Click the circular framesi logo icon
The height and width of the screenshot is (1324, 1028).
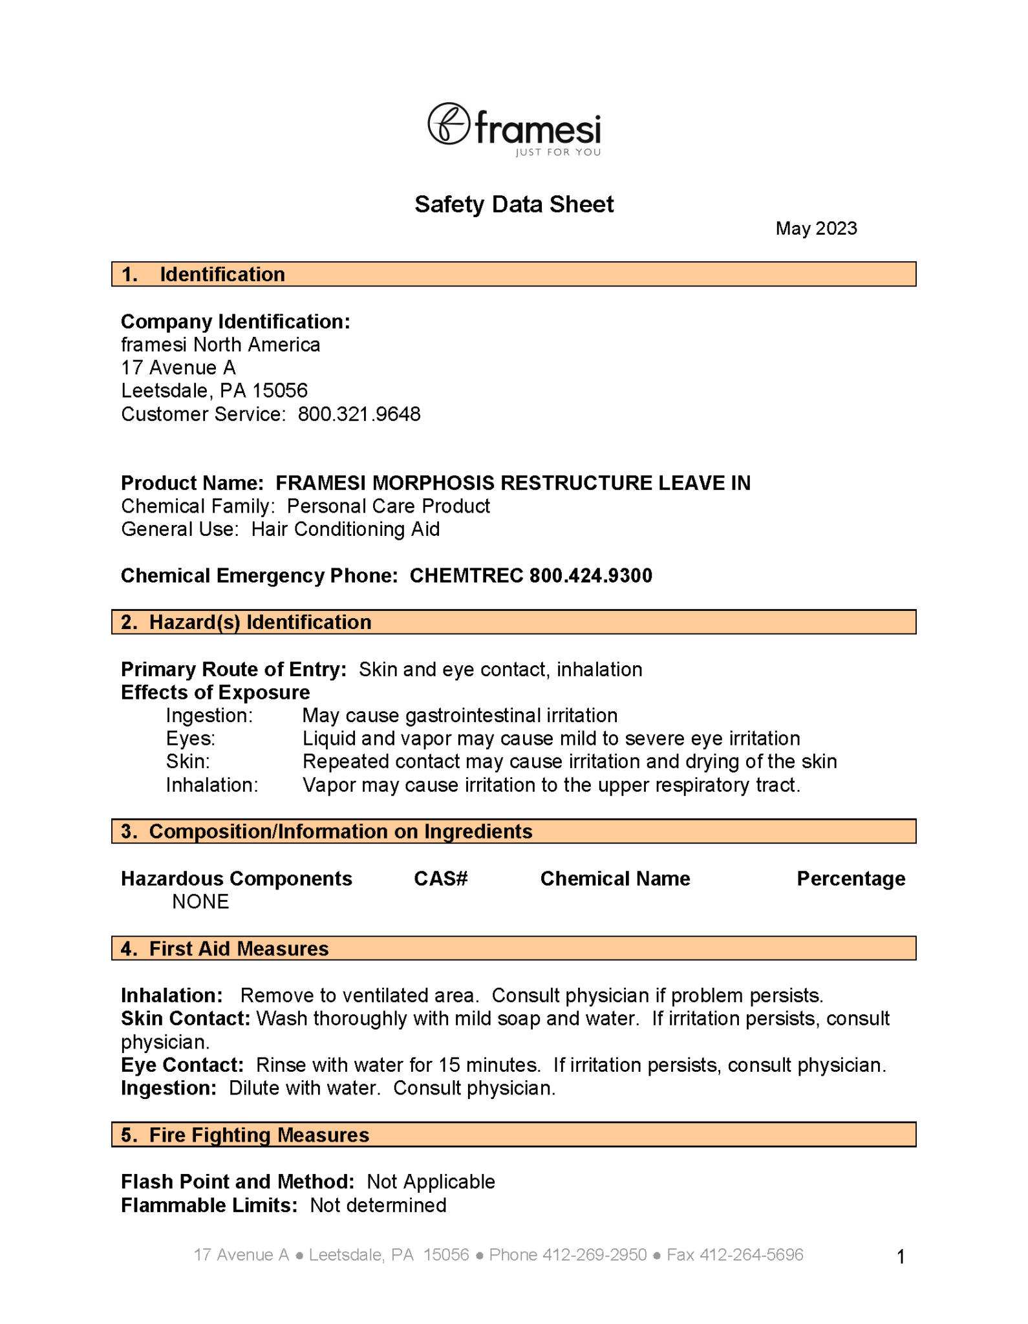(448, 123)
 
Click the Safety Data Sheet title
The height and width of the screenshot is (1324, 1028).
(514, 204)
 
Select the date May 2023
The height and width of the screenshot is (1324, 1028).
(816, 229)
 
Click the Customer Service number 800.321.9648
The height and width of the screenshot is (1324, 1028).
(359, 414)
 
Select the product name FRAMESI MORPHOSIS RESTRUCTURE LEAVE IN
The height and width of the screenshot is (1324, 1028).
(513, 483)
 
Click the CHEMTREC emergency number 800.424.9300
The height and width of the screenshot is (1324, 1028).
(590, 575)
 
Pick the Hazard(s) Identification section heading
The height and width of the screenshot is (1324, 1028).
(260, 622)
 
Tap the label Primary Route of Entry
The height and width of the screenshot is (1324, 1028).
(233, 669)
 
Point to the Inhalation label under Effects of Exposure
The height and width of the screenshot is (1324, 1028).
(211, 785)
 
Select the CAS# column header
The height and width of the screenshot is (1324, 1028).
(440, 879)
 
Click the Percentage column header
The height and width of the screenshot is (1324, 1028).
(850, 879)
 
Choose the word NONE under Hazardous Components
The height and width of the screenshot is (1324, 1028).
(200, 902)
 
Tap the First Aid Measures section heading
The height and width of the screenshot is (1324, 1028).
(239, 948)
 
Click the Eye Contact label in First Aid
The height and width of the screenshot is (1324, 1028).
(182, 1065)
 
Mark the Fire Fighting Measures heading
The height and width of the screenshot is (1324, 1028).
(259, 1135)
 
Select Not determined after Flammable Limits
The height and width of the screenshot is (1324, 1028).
(378, 1206)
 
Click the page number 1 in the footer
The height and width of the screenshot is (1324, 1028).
(901, 1257)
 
